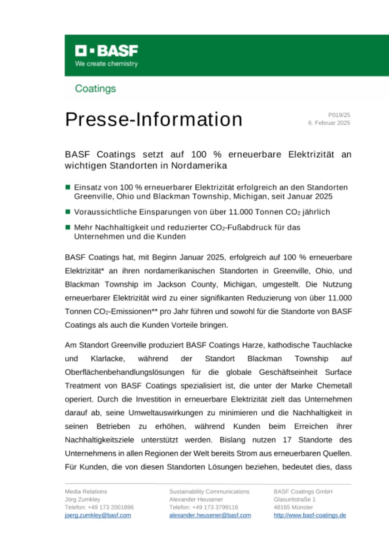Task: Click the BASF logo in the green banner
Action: coord(107,51)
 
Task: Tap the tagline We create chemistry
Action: coord(107,64)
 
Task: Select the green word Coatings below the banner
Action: coord(95,89)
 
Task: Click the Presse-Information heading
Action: coord(153,119)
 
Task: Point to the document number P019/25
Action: coord(339,115)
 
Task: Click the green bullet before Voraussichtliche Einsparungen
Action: coord(68,212)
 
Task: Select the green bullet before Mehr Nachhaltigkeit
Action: coord(68,227)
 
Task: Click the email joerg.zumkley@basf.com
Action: coord(98,515)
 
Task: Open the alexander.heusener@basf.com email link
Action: coord(210,515)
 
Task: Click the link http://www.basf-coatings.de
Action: coord(309,515)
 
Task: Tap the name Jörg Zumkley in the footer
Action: coord(82,499)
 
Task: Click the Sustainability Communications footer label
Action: coord(209,492)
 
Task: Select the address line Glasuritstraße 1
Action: coord(294,499)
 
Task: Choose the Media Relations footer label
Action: coord(86,492)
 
